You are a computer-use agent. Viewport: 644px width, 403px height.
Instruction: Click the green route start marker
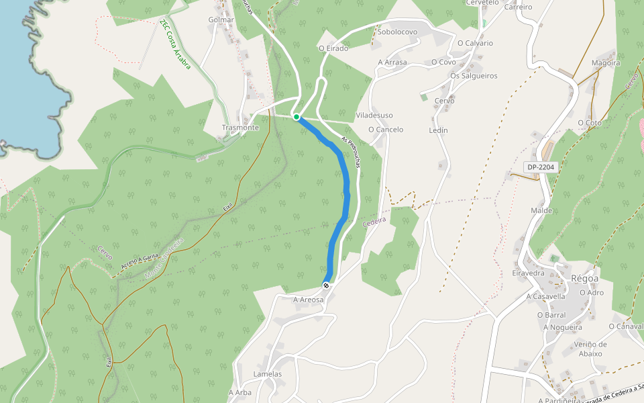tap(297, 117)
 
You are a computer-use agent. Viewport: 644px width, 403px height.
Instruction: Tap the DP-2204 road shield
tap(541, 167)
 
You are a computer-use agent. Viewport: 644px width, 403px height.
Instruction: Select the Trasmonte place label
tap(240, 128)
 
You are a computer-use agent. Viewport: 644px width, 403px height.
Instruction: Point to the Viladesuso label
tap(374, 116)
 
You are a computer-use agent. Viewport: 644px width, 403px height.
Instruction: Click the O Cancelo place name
tap(386, 130)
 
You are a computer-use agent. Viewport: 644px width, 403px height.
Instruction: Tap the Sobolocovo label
tap(398, 32)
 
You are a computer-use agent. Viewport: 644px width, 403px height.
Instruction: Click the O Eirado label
tap(333, 48)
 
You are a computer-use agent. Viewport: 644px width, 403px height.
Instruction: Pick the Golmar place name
tap(221, 19)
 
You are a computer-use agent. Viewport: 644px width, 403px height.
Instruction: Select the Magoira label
tap(606, 63)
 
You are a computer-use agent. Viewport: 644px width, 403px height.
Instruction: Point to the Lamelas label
tap(268, 374)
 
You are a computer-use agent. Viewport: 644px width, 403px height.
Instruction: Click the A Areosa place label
tap(309, 300)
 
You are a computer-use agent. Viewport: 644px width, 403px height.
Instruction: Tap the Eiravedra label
tap(529, 273)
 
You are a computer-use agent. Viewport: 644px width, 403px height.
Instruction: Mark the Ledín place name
tap(437, 130)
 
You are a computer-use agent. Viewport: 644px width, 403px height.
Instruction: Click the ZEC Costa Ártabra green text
tap(175, 44)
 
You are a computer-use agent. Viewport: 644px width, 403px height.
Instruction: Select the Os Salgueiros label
tap(474, 76)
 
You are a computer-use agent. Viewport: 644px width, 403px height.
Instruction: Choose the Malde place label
tap(541, 210)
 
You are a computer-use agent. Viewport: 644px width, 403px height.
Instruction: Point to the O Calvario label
tap(475, 43)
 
